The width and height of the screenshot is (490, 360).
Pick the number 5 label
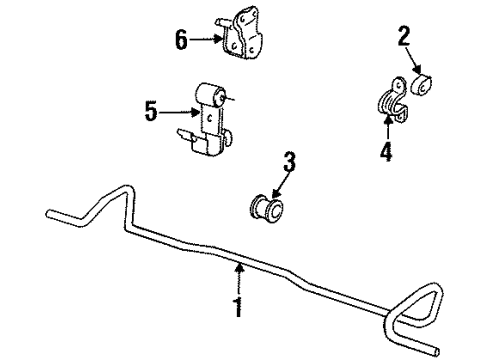pyautogui.click(x=152, y=111)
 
